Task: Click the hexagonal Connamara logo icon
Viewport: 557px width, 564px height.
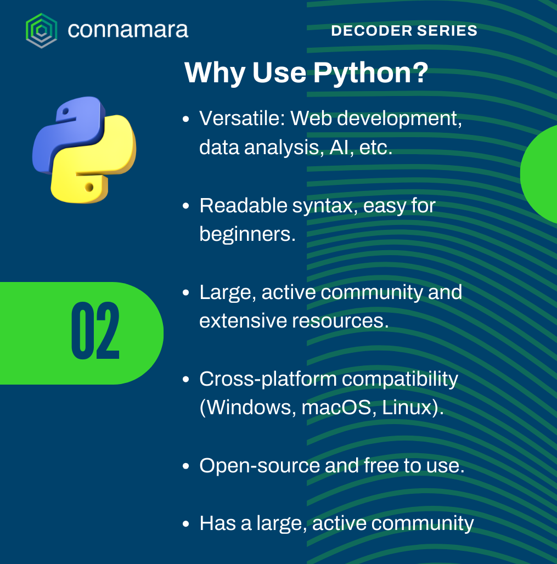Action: click(x=41, y=31)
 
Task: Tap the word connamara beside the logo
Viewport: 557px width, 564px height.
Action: click(x=128, y=30)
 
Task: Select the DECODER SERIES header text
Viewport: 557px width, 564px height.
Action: click(x=404, y=31)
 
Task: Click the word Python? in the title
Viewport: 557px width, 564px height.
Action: click(x=370, y=74)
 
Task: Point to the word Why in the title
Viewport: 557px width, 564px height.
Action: click(x=215, y=74)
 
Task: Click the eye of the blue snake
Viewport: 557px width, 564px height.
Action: click(x=65, y=111)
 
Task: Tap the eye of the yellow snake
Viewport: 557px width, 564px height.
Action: click(x=89, y=187)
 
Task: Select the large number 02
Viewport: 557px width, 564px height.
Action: click(x=95, y=331)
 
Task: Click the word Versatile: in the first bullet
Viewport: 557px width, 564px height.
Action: click(x=242, y=118)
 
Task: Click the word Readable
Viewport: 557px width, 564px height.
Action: click(x=244, y=205)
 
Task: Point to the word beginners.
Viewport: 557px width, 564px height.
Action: click(x=247, y=235)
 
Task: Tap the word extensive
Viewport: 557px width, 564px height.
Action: click(x=243, y=321)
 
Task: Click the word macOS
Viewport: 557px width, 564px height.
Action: click(x=336, y=408)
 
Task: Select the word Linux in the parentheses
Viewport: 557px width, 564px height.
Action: click(x=407, y=408)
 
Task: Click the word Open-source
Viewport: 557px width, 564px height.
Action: click(x=260, y=466)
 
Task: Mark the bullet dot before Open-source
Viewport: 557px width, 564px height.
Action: click(x=185, y=466)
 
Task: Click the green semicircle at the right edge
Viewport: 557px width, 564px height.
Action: click(x=540, y=174)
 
